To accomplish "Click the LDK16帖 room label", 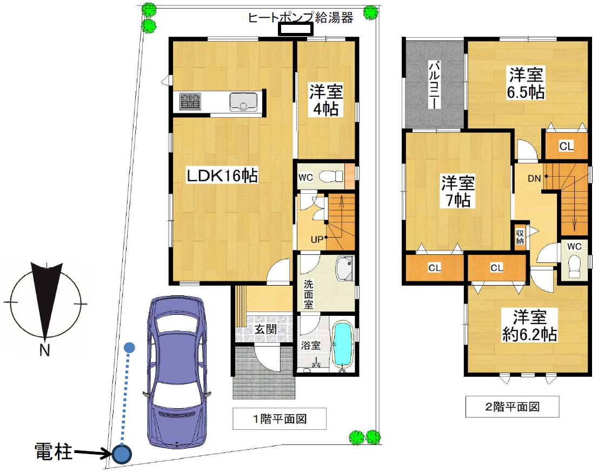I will (222, 175).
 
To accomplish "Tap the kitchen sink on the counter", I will (243, 102).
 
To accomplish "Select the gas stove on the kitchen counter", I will (190, 101).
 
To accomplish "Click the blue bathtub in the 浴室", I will (342, 344).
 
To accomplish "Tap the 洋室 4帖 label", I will (325, 100).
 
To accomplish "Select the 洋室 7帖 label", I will (457, 191).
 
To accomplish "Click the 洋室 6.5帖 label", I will (525, 83).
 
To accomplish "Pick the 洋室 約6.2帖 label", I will (528, 325).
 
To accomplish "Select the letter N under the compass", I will (44, 351).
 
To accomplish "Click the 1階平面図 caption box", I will (280, 418).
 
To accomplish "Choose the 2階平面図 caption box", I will (512, 407).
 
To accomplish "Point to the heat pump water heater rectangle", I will (295, 30).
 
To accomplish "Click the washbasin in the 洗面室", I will (344, 268).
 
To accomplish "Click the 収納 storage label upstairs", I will (520, 236).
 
